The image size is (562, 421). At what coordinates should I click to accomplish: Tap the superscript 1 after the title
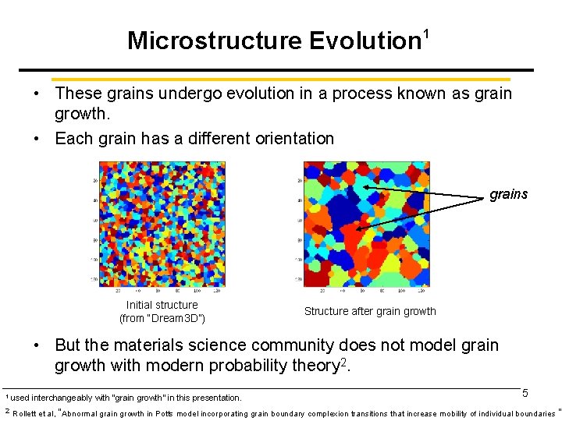[x=427, y=34]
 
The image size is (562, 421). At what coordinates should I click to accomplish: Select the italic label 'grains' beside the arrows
[x=508, y=194]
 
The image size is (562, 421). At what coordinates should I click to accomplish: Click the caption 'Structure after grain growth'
[x=370, y=311]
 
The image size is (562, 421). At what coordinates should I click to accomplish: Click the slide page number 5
[x=525, y=394]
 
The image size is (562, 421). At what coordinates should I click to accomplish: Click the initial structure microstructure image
[x=162, y=224]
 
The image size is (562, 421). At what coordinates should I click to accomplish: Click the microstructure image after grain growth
[x=365, y=224]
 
